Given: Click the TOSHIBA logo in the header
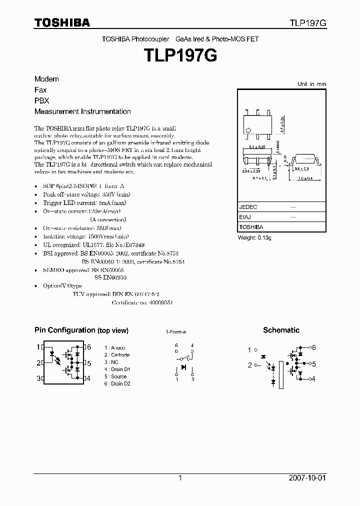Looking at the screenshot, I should [62, 23].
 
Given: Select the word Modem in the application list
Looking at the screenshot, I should [46, 79].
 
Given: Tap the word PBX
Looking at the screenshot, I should [42, 100].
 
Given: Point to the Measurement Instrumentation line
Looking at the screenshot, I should [82, 111].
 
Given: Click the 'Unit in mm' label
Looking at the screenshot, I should [311, 84].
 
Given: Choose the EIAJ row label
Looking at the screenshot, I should [245, 217].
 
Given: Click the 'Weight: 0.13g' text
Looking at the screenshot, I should [254, 238].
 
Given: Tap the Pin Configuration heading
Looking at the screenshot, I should [81, 330].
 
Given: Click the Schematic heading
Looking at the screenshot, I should [281, 330].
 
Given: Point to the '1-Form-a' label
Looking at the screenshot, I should [175, 332].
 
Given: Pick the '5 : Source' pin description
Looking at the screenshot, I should [115, 376].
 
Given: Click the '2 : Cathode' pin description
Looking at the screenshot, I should [117, 355].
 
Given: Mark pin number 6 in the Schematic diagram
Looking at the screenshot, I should [314, 347].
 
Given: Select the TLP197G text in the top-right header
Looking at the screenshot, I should [307, 23].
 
